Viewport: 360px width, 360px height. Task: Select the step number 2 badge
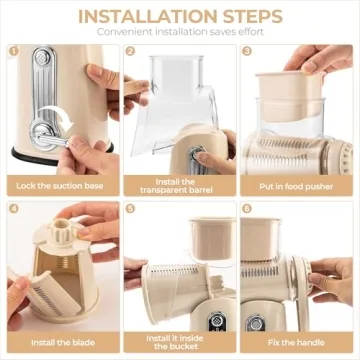(131, 52)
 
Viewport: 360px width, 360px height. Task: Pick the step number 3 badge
(247, 52)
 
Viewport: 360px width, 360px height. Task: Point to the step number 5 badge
(131, 209)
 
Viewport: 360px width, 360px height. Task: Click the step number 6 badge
(247, 209)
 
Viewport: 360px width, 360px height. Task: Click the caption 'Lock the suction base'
(61, 185)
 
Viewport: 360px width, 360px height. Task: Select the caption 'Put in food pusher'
(295, 185)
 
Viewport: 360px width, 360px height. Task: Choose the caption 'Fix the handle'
(295, 342)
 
